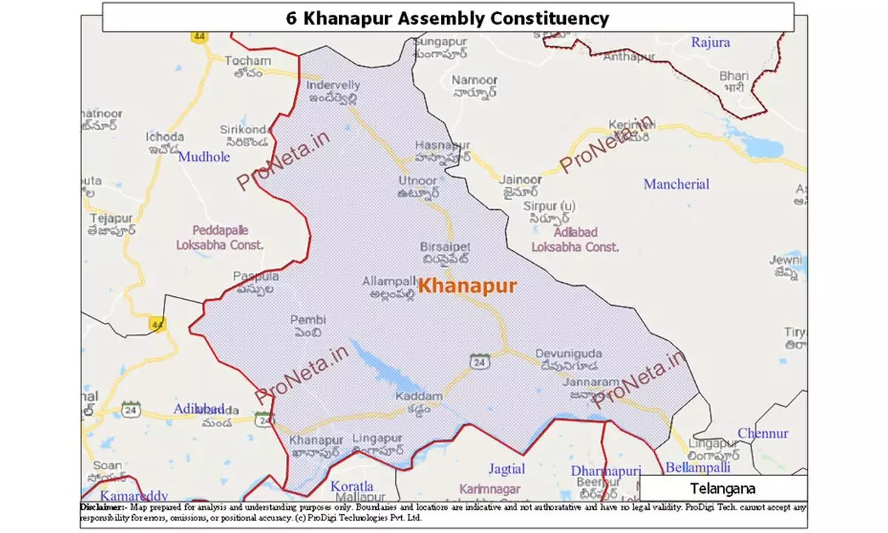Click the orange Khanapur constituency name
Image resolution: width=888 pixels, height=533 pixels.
coord(467,286)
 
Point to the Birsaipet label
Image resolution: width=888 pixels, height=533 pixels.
coord(445,247)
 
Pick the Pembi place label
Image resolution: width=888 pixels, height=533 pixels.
coord(308,321)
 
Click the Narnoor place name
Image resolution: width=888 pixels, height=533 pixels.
coord(473,79)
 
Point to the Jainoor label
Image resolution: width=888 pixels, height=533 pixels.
coord(520,180)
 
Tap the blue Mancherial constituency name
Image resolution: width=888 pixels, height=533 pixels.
coord(676,184)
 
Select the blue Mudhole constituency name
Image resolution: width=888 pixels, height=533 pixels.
coord(204,157)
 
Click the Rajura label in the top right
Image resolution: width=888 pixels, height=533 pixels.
coord(710,42)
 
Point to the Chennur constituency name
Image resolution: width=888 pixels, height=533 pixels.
coord(763,433)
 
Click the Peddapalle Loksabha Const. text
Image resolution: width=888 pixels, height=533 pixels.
coord(220,237)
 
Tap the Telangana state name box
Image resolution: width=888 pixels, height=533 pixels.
coord(722,489)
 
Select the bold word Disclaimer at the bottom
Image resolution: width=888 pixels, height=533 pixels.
coord(103,507)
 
